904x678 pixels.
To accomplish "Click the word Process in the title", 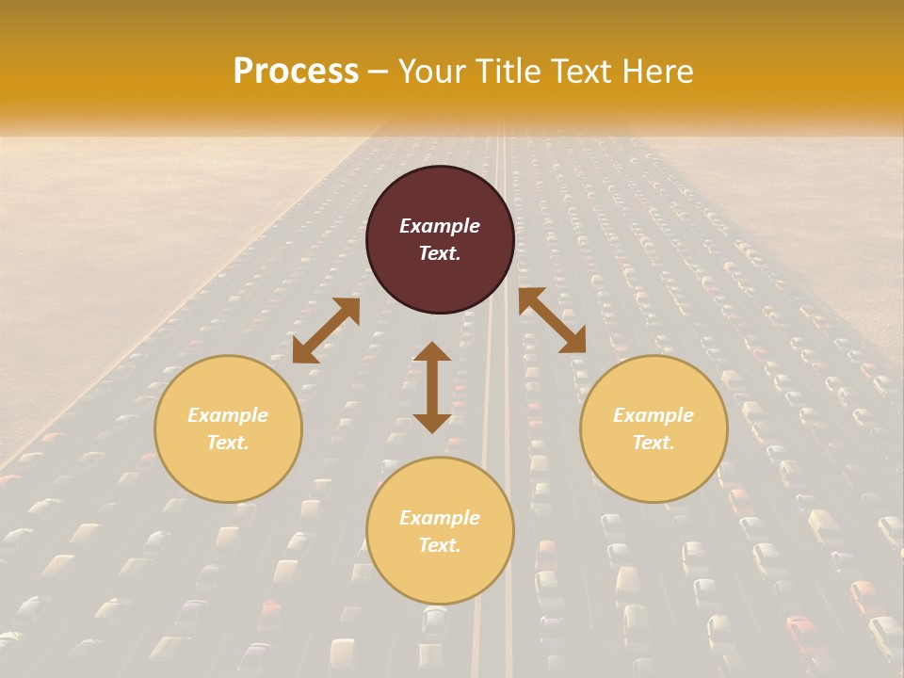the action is [296, 72].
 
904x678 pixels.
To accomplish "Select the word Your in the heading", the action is [433, 72].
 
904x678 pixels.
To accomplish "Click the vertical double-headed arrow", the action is [432, 387].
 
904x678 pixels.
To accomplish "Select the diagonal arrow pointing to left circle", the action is [326, 331].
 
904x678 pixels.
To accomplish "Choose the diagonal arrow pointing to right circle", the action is [552, 320].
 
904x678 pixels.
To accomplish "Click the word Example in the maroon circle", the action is [440, 226].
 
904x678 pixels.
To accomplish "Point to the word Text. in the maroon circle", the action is [440, 253].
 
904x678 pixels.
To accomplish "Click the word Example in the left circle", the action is [228, 415].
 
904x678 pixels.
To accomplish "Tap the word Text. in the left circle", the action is [228, 443].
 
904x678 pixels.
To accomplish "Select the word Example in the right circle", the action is [654, 415].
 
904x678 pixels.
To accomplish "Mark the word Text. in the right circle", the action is [654, 443].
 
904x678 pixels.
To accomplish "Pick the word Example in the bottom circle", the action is [440, 518].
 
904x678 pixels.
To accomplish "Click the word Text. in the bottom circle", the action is [440, 545].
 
